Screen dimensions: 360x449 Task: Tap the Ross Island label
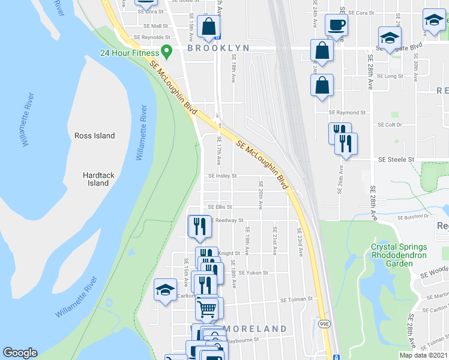point(94,136)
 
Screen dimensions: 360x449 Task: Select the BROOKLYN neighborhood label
point(217,48)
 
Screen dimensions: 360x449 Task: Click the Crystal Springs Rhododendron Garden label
point(399,254)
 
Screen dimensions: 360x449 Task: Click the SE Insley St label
point(222,176)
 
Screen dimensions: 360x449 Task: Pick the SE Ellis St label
point(219,207)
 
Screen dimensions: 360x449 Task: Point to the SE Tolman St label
point(297,299)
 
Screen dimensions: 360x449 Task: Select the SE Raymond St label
point(347,112)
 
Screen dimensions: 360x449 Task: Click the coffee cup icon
point(336,25)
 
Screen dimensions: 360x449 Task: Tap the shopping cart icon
point(206,308)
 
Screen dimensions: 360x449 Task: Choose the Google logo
point(20,352)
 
